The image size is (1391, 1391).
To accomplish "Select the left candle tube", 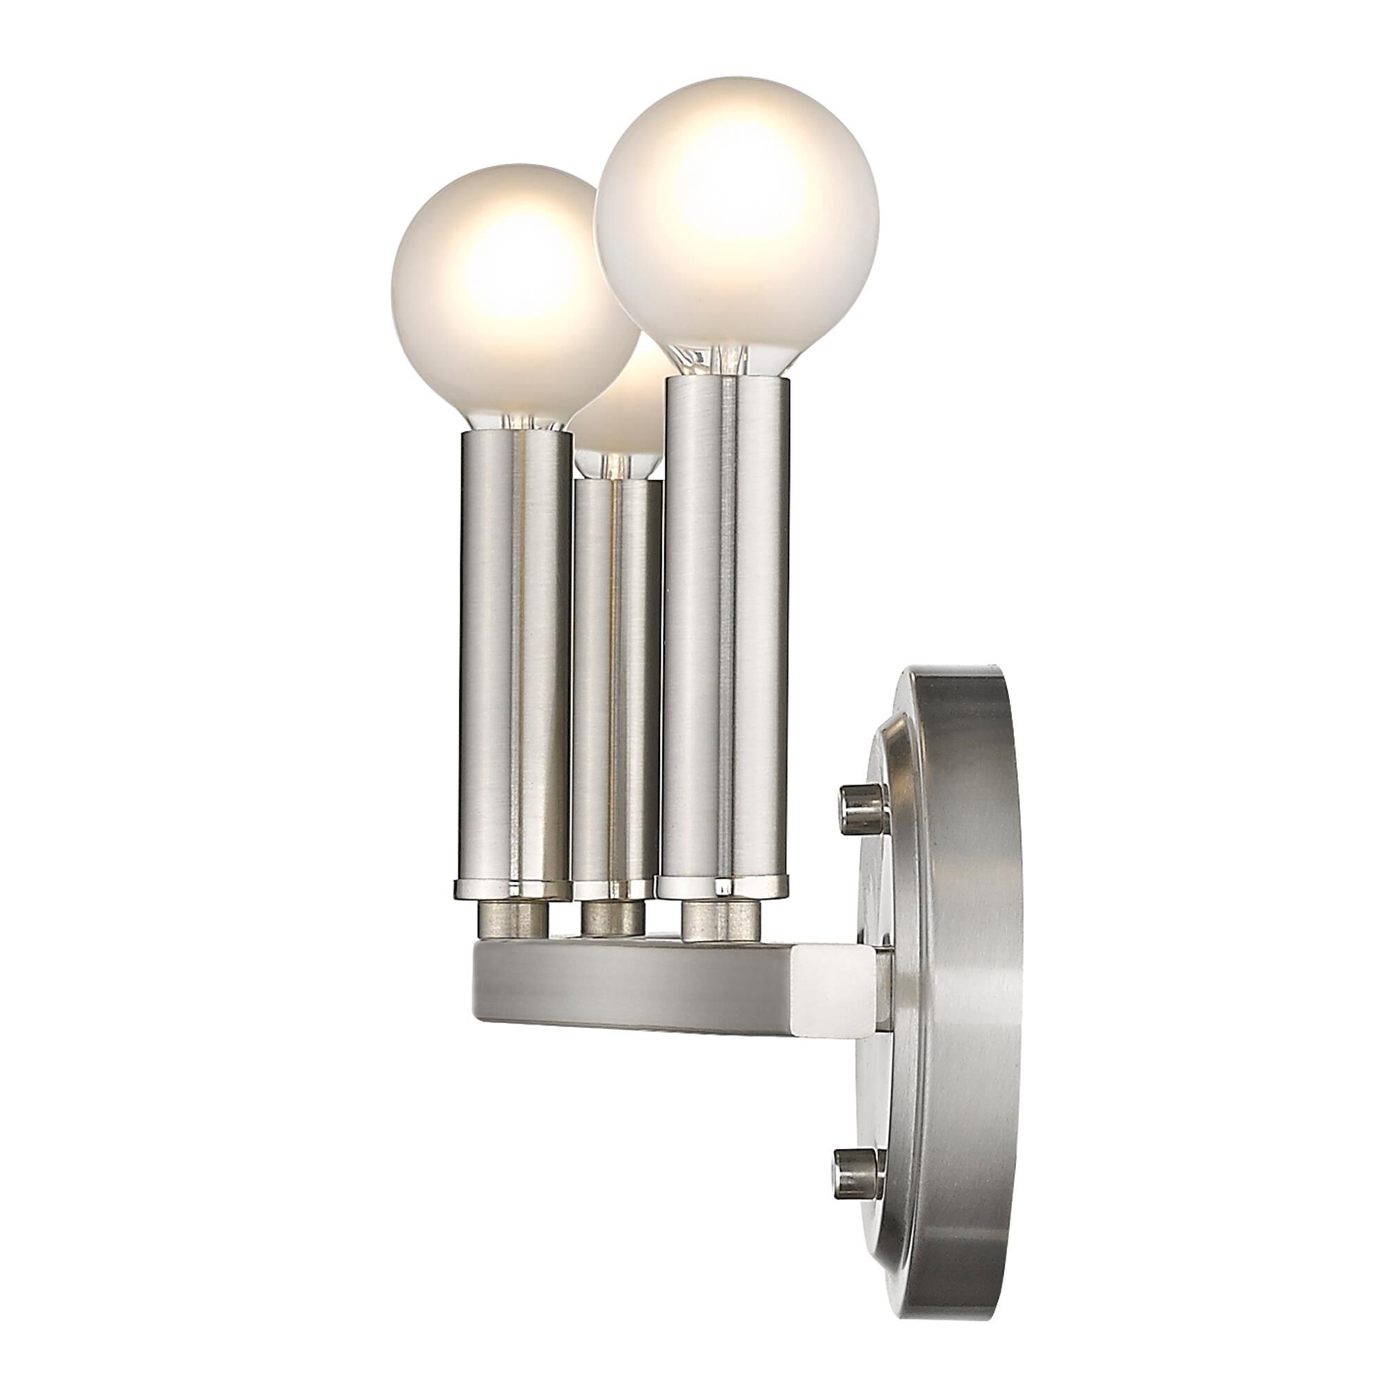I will (513, 648).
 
